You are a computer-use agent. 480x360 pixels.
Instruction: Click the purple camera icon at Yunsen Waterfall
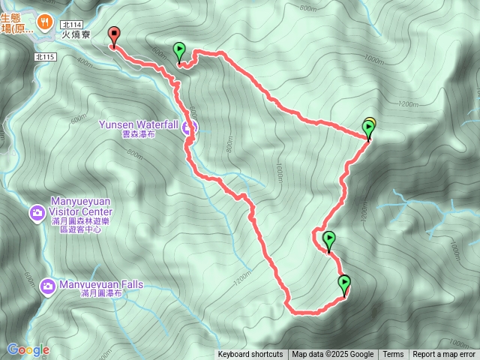pyautogui.click(x=190, y=127)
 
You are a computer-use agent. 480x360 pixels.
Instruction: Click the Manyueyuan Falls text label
pyautogui.click(x=101, y=285)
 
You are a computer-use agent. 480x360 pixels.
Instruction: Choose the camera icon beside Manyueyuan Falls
pyautogui.click(x=48, y=286)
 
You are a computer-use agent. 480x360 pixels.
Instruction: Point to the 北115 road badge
pyautogui.click(x=46, y=56)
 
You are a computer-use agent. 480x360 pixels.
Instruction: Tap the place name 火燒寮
pyautogui.click(x=77, y=34)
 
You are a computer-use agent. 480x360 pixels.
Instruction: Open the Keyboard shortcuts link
pyautogui.click(x=250, y=355)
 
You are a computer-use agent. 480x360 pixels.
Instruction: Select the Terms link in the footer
pyautogui.click(x=393, y=355)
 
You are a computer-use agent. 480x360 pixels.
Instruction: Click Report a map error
pyautogui.click(x=444, y=355)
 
